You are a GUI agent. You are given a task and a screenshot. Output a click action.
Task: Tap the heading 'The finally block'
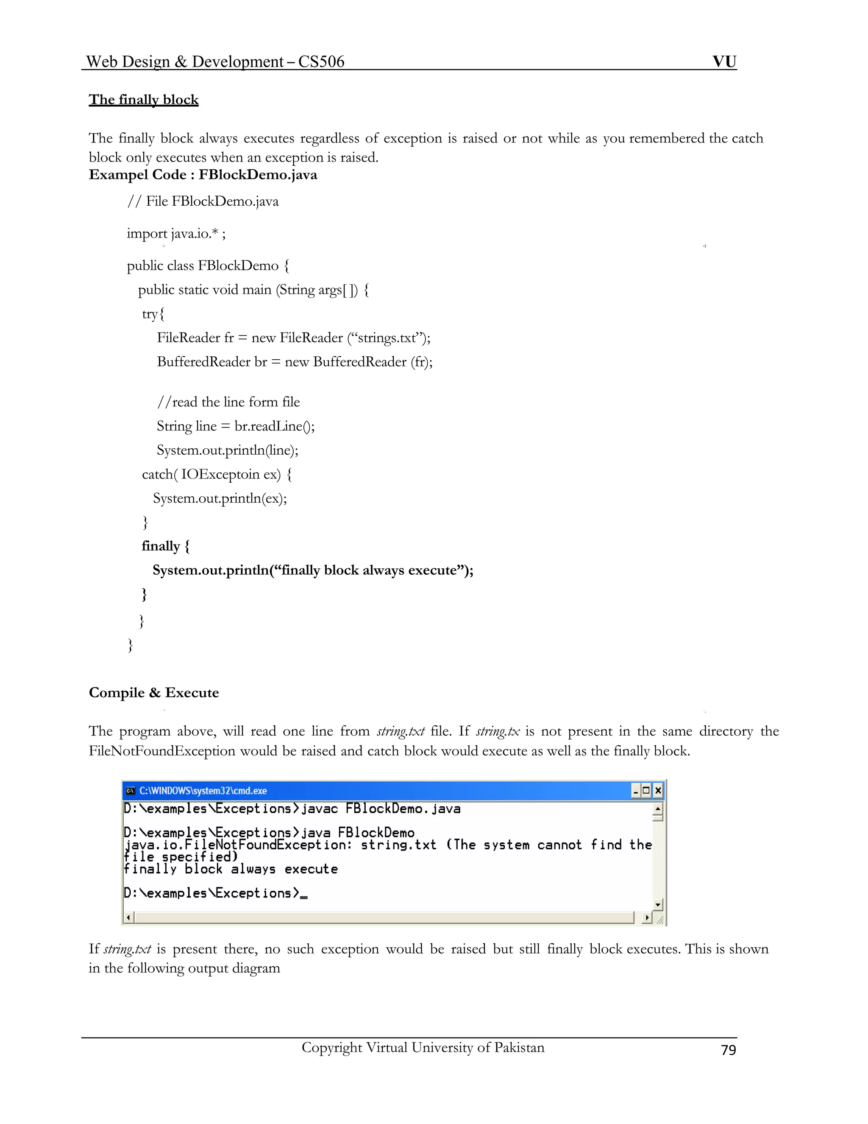click(x=144, y=99)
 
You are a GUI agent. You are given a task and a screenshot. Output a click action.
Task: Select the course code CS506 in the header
click(x=321, y=62)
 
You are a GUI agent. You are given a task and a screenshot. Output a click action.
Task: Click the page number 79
click(x=728, y=1050)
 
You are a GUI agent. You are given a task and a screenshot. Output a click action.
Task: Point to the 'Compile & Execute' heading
click(x=154, y=693)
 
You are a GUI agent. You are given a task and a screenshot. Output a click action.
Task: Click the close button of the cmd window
click(x=658, y=791)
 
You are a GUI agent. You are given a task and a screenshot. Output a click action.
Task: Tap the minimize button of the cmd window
click(x=636, y=791)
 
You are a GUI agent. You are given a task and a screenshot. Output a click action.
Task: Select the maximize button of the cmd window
click(x=647, y=791)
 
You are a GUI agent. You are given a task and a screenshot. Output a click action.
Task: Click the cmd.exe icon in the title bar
click(x=131, y=791)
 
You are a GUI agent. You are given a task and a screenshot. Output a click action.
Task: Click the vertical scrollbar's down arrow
click(x=658, y=904)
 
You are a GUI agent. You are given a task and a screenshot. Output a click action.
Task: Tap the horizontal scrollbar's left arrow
click(x=128, y=917)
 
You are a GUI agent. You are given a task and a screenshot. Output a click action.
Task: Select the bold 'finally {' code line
click(x=166, y=546)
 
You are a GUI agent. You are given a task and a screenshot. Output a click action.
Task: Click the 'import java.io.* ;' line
click(x=176, y=234)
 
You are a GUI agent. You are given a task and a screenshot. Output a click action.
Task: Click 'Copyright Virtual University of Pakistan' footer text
click(x=423, y=1048)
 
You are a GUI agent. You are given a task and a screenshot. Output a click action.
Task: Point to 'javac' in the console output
click(x=319, y=809)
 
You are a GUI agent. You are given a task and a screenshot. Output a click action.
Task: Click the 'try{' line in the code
click(x=153, y=314)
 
